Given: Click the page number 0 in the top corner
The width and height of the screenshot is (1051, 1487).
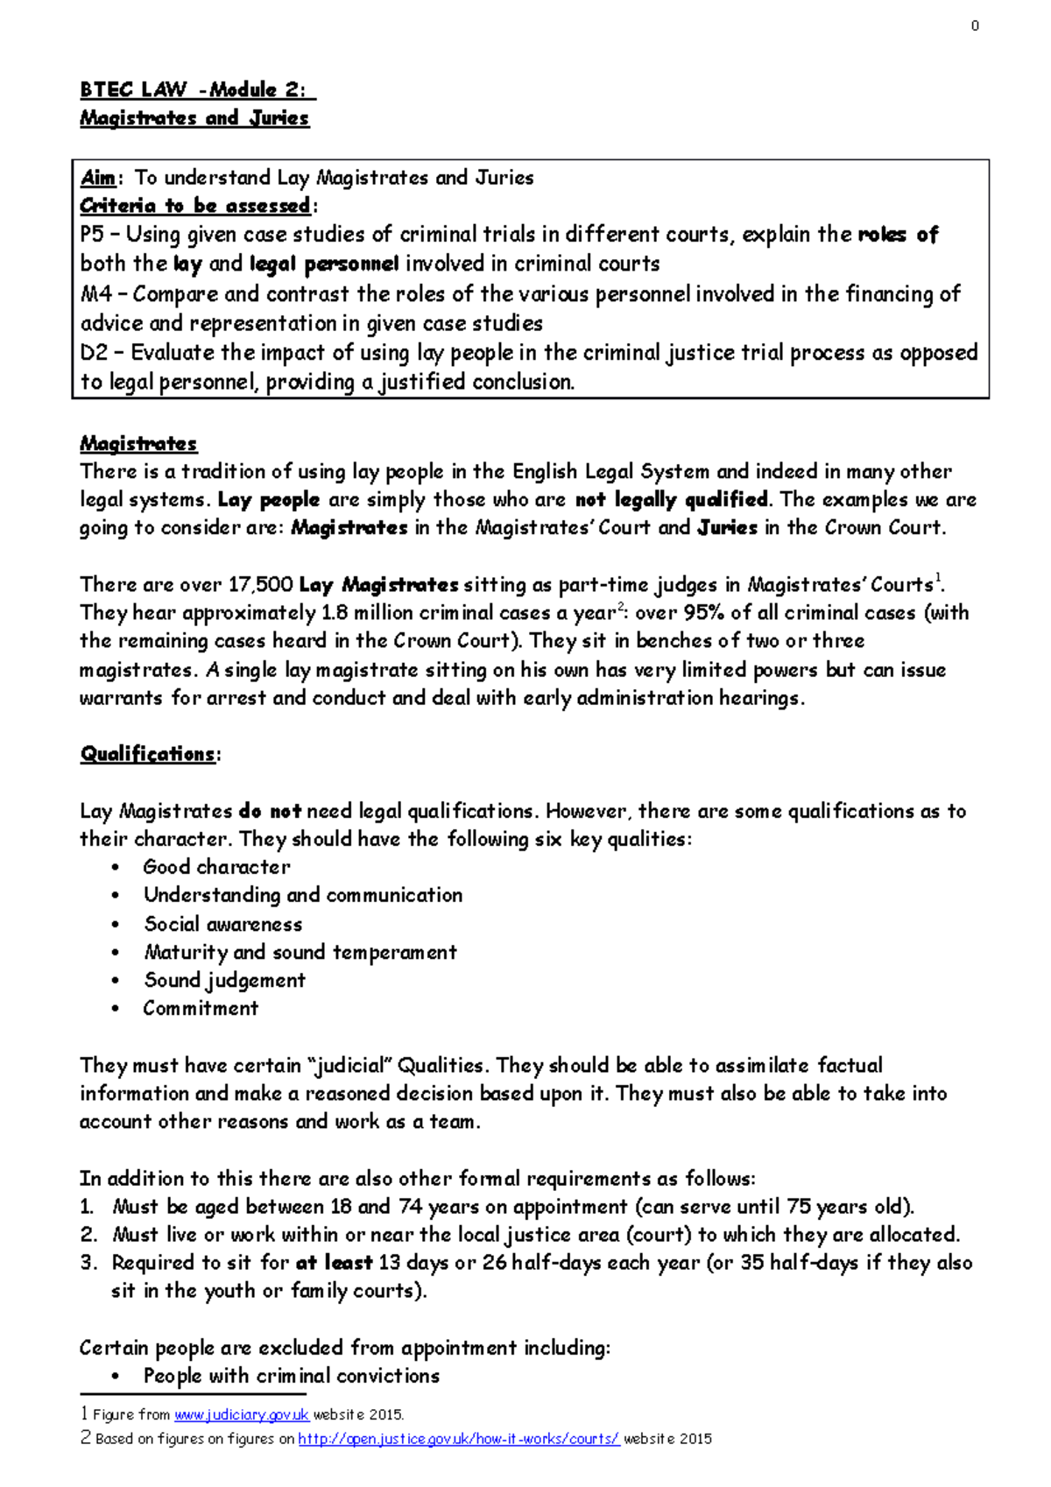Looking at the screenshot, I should pyautogui.click(x=975, y=26).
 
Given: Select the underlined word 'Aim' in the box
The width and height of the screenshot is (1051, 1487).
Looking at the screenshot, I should pyautogui.click(x=97, y=178).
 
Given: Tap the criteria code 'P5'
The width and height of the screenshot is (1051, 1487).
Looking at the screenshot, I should pyautogui.click(x=92, y=235).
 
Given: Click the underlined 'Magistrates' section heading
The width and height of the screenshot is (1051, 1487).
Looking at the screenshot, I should pyautogui.click(x=138, y=443).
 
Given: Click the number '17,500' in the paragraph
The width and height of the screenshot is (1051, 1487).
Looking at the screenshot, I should pyautogui.click(x=260, y=584).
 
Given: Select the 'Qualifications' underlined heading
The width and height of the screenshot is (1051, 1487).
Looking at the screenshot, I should pyautogui.click(x=147, y=754).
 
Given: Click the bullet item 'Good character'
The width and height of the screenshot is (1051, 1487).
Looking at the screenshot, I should pyautogui.click(x=216, y=867).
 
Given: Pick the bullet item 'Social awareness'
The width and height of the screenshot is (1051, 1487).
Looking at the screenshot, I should pyautogui.click(x=223, y=924).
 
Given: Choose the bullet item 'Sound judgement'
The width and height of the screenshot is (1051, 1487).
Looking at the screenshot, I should pyautogui.click(x=225, y=980).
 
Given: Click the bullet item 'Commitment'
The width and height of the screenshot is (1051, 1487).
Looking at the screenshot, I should pyautogui.click(x=201, y=1008).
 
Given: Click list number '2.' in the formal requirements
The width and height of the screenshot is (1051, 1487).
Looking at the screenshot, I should pyautogui.click(x=88, y=1235).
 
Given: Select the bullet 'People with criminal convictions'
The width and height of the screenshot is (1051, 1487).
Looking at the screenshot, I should pyautogui.click(x=292, y=1376).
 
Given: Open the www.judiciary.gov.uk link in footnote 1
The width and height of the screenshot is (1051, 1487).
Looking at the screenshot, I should pyautogui.click(x=241, y=1415).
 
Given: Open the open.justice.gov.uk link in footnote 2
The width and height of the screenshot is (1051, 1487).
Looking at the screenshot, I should pyautogui.click(x=458, y=1439).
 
